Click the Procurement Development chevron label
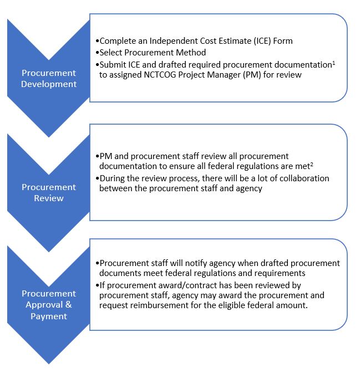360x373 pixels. coord(49,79)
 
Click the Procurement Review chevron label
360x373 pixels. coord(49,192)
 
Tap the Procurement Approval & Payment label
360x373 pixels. coord(49,304)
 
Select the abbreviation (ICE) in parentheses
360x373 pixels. coord(256,41)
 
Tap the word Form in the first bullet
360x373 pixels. coord(282,41)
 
